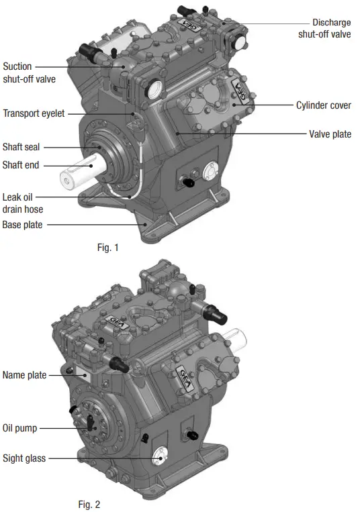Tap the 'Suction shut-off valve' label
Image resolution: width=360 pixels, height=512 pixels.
[x=28, y=72]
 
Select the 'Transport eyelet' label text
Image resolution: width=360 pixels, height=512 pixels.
[x=34, y=113]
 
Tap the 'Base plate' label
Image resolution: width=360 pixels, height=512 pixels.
[x=22, y=225]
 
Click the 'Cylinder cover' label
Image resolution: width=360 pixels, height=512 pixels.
[x=323, y=105]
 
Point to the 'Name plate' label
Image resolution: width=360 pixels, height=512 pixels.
[x=24, y=375]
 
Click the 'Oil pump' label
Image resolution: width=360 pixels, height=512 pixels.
[x=19, y=426]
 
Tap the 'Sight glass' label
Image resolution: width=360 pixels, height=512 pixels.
[x=24, y=458]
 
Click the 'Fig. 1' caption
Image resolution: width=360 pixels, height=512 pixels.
[x=107, y=248]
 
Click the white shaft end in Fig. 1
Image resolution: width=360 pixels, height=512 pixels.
[x=73, y=176]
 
